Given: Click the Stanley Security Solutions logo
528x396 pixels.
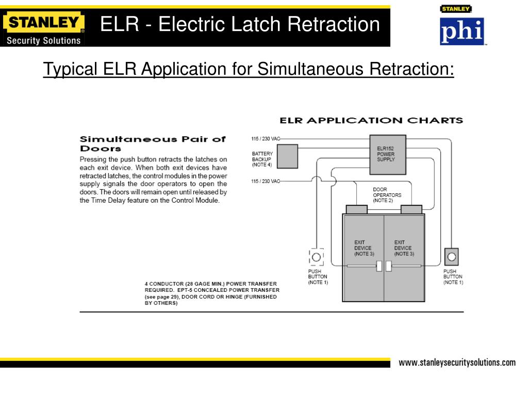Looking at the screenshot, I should coord(43,29).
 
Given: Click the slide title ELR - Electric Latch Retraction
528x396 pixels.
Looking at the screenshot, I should coord(240,24).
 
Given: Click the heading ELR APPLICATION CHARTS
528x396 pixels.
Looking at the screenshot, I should coord(371,121).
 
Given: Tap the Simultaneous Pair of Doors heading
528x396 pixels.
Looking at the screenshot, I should coord(152,143).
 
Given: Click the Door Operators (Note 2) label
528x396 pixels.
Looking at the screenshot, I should coord(387,195).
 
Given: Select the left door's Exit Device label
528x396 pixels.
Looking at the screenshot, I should coord(362,248).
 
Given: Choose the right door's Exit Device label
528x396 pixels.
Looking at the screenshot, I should coord(403,248).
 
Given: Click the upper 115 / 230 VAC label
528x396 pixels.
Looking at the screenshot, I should coord(266,139).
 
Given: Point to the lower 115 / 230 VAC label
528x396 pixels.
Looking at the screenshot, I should coord(266,181).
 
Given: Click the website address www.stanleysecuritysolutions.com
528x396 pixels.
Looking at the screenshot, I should coord(457,362).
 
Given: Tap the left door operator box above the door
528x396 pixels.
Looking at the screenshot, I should coord(357,209).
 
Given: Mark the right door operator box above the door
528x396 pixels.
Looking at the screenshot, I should coord(411,209).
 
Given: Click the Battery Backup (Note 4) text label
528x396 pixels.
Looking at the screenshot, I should coord(262,159).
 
